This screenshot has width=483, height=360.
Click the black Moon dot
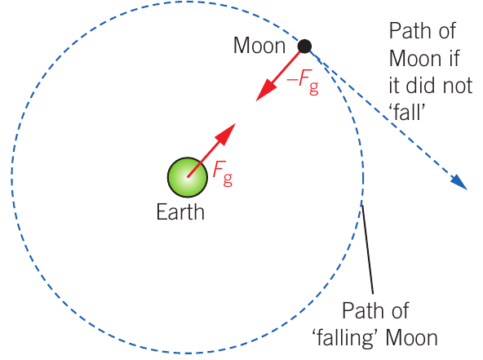point(304,47)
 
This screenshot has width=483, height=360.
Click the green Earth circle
point(188,177)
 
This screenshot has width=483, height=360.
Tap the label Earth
point(180,212)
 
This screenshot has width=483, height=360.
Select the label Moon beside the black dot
point(259,46)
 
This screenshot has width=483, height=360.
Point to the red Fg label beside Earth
point(223,173)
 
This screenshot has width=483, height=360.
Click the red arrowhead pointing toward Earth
point(266,91)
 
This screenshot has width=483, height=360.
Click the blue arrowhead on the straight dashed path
point(459,183)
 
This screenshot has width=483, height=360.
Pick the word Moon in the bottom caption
point(411,338)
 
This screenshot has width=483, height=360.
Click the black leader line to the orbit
point(367,250)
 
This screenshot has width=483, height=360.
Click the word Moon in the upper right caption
point(415,58)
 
